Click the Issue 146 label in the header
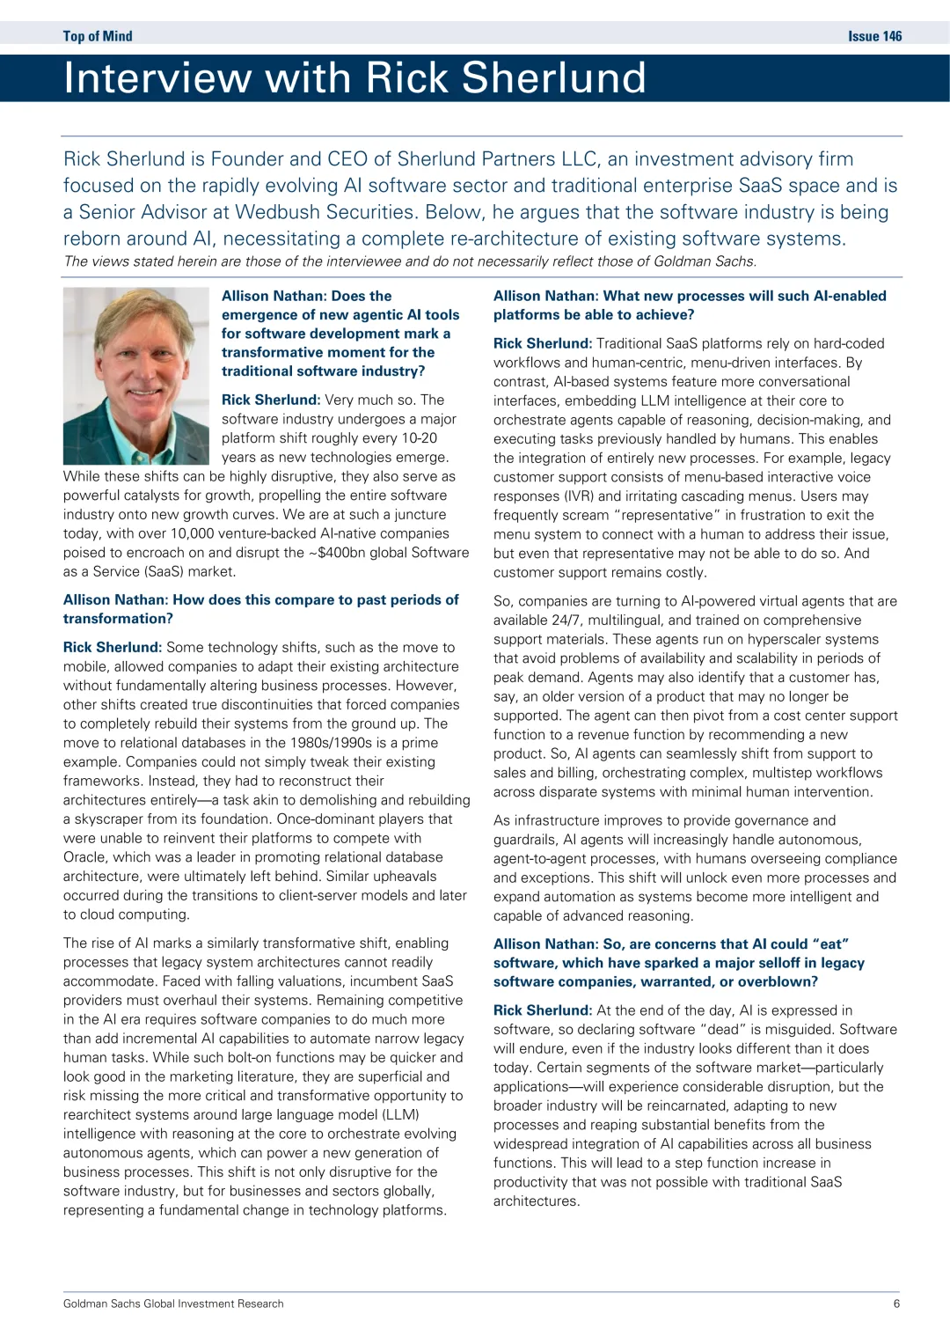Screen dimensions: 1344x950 pyautogui.click(x=874, y=36)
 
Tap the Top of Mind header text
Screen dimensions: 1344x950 pyautogui.click(x=98, y=36)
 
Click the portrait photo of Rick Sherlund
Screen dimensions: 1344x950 pyautogui.click(x=135, y=376)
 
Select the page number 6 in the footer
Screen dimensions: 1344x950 pyautogui.click(x=896, y=1304)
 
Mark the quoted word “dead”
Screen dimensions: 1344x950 pyautogui.click(x=722, y=1029)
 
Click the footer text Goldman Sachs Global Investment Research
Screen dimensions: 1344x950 pyautogui.click(x=173, y=1304)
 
